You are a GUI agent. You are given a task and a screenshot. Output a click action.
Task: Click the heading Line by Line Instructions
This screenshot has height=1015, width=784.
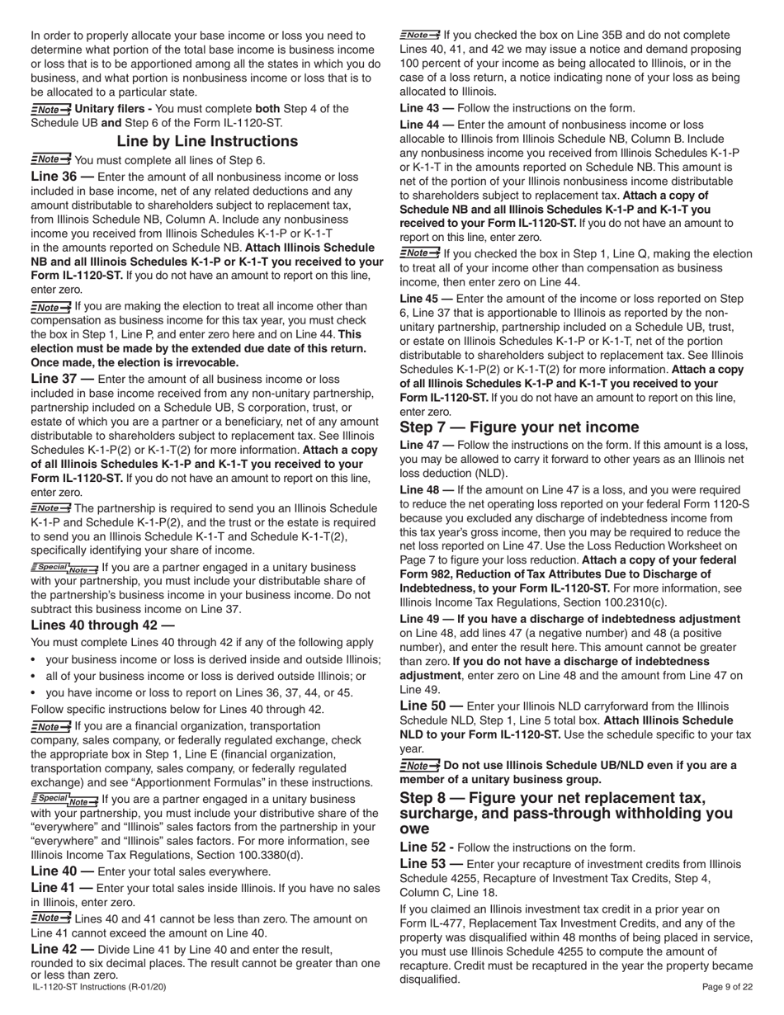pos(207,141)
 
